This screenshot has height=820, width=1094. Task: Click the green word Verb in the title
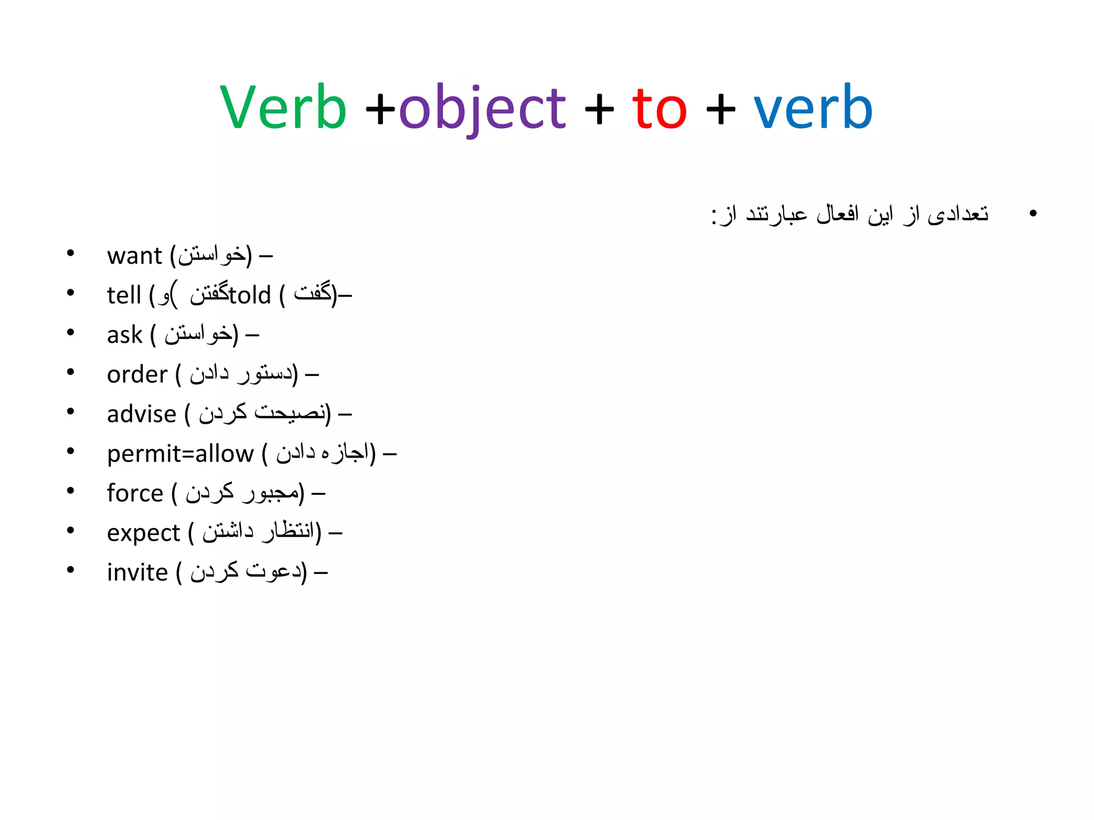click(283, 108)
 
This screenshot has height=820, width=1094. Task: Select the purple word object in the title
click(482, 109)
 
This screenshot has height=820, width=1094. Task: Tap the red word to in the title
click(659, 109)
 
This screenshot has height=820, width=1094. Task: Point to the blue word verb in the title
click(812, 108)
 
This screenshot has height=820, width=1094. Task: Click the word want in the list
click(134, 256)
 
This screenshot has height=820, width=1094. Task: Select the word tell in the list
click(123, 295)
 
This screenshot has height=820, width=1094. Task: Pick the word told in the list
click(250, 295)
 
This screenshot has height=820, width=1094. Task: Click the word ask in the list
click(124, 335)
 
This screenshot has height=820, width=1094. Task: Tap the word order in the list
click(137, 374)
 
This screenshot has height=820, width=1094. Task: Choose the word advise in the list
click(142, 414)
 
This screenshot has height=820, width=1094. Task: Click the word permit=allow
click(181, 454)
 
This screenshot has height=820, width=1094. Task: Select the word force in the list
click(135, 493)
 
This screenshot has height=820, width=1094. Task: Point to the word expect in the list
click(143, 533)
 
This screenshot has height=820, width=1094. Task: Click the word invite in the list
click(137, 572)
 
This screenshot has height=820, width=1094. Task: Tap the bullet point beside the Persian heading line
click(1033, 214)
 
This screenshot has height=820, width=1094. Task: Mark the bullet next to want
click(71, 253)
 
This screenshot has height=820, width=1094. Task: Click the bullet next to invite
click(71, 570)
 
